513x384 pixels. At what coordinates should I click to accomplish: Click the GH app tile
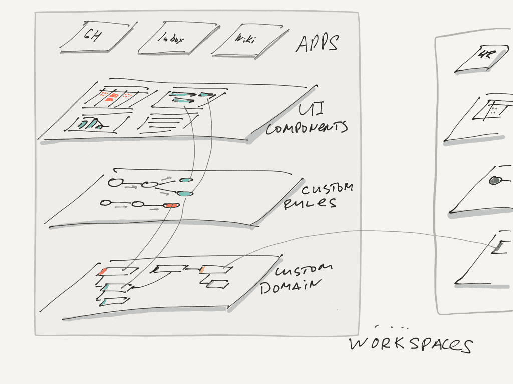[91, 37]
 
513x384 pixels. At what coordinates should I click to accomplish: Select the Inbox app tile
[168, 38]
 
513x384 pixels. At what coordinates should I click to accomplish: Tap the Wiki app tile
[243, 39]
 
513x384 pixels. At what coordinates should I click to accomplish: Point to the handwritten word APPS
[317, 44]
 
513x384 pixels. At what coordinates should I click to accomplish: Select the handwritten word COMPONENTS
[307, 128]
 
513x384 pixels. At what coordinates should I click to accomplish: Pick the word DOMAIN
[290, 286]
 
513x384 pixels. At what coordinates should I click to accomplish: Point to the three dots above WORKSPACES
[392, 328]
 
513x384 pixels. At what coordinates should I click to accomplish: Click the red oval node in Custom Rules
[172, 205]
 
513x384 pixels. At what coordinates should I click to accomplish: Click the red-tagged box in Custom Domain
[117, 271]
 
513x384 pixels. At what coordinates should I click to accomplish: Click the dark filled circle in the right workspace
[496, 181]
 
